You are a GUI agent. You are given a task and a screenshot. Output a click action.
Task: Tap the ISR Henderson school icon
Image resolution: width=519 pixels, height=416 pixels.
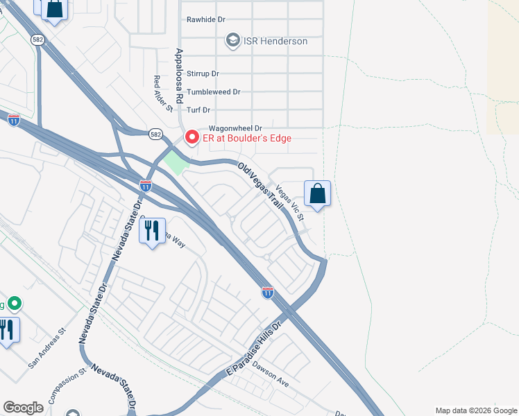tap(232, 41)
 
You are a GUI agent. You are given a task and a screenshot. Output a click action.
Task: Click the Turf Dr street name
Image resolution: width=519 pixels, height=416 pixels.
tap(198, 110)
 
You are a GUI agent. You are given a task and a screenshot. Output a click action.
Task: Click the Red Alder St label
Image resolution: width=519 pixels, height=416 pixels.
tap(163, 93)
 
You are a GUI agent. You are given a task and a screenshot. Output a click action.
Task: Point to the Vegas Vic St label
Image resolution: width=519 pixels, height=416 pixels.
tap(290, 202)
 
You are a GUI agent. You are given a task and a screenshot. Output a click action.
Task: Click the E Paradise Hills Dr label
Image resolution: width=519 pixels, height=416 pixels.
tap(255, 350)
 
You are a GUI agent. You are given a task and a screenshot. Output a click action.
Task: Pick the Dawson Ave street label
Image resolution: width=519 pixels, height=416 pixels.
tap(271, 372)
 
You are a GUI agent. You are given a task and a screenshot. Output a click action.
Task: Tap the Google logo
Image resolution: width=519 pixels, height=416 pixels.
tap(23, 408)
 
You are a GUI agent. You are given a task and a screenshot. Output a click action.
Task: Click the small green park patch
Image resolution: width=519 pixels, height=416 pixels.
tap(176, 162)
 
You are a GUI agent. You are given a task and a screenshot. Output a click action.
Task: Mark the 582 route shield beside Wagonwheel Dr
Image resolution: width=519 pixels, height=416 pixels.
tap(155, 133)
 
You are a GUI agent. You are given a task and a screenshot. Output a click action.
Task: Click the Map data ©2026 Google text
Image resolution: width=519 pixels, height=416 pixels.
tap(475, 410)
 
